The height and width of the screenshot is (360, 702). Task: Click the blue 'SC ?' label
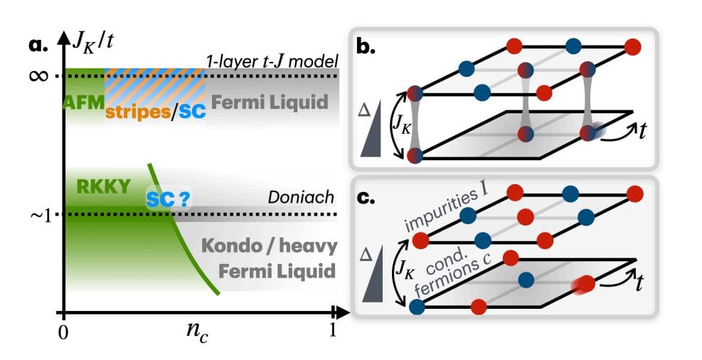pyautogui.click(x=169, y=200)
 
